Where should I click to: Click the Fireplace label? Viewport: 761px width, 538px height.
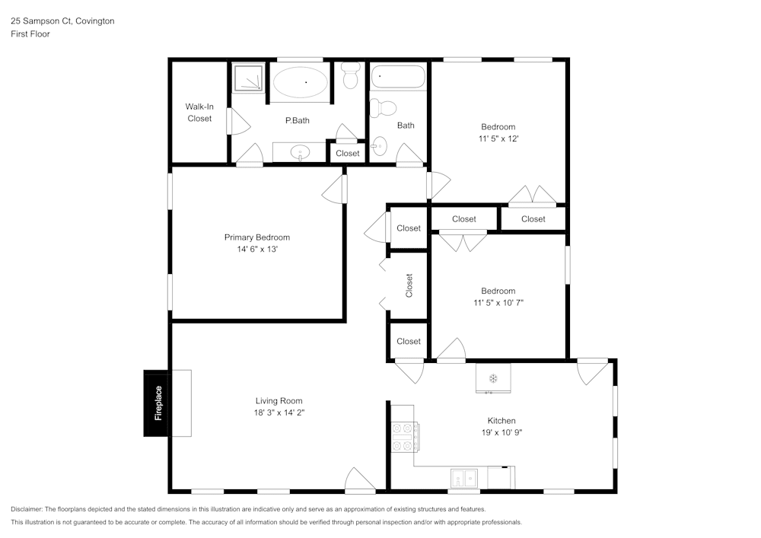point(158,403)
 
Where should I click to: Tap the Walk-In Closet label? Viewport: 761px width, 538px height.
point(199,113)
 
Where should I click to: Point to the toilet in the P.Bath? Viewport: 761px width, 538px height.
point(351,76)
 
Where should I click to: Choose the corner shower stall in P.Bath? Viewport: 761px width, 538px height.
point(248,78)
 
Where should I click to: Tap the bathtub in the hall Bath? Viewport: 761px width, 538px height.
point(398,77)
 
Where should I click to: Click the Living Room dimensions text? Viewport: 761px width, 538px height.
point(279,412)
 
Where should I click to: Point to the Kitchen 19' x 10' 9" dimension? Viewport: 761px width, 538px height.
point(501,432)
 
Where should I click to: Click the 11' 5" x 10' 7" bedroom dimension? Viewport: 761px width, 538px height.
point(498,302)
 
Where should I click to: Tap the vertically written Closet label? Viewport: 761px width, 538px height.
point(409,285)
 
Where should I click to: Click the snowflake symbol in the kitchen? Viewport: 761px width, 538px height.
point(492,377)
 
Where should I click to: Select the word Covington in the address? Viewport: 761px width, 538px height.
point(95,21)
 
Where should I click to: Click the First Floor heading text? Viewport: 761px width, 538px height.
point(30,34)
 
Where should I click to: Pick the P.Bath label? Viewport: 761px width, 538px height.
point(297,120)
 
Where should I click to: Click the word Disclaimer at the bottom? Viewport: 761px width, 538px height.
point(27,509)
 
